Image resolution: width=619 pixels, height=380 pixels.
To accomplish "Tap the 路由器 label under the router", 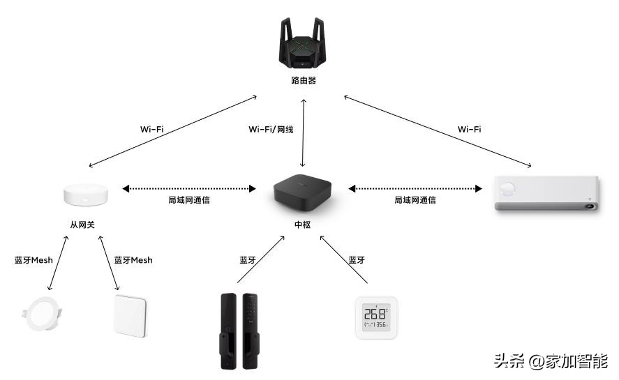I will [304, 81].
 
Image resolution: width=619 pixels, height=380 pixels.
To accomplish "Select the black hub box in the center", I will [304, 195].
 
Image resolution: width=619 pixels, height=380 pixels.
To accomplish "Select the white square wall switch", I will [131, 315].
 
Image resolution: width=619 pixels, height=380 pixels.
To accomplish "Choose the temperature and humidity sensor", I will [376, 318].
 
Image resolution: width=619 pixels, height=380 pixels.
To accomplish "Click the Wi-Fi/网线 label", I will [271, 129].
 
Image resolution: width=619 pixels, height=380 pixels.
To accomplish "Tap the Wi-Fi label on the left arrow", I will [151, 129].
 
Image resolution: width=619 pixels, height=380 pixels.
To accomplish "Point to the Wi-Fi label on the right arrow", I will [469, 129].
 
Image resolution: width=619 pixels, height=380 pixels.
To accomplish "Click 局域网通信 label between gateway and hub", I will [189, 200].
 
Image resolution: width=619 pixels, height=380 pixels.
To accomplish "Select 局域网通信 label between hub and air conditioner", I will [415, 200].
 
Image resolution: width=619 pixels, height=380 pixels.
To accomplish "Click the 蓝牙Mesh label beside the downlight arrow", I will [33, 260].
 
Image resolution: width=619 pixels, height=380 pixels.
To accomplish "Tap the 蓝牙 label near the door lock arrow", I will [248, 260].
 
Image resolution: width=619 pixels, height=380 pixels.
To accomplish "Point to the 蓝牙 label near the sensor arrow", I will [357, 260].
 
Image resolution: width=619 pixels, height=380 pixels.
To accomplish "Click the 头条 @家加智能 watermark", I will [551, 361].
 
